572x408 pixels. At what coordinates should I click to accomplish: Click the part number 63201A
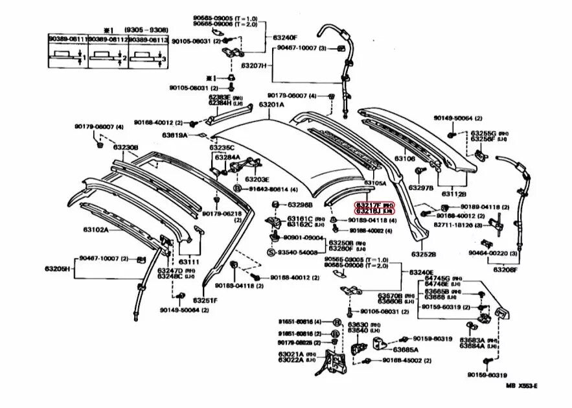point(271,104)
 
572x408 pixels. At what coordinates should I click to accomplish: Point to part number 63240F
point(284,37)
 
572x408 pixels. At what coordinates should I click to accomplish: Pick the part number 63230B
point(126,148)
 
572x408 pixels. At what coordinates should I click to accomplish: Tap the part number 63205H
point(58,267)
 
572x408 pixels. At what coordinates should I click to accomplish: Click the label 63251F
point(204,300)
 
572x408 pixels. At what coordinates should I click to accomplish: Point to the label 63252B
point(423,255)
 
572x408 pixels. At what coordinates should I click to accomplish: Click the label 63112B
point(454,193)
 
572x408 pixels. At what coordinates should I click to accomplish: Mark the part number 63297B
point(420,188)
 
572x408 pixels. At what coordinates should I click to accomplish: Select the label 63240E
point(421,272)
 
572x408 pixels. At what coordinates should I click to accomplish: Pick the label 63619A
point(175,135)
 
